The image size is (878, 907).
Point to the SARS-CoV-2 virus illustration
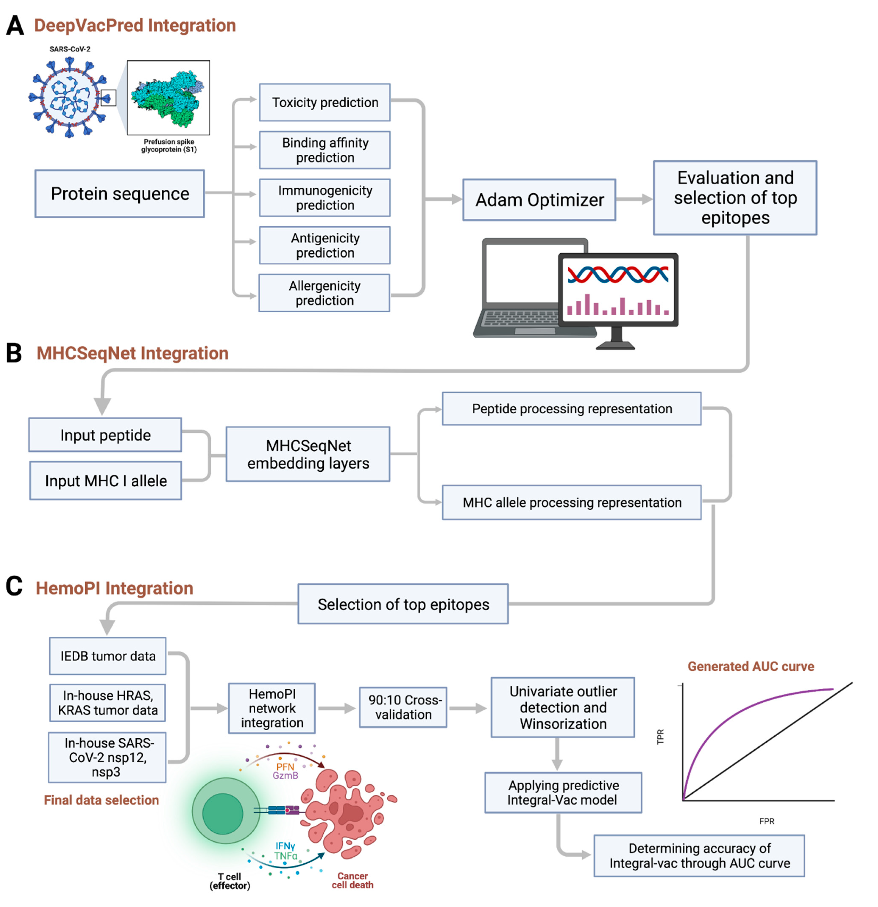[70, 97]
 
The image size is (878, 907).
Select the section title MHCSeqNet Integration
[132, 353]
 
